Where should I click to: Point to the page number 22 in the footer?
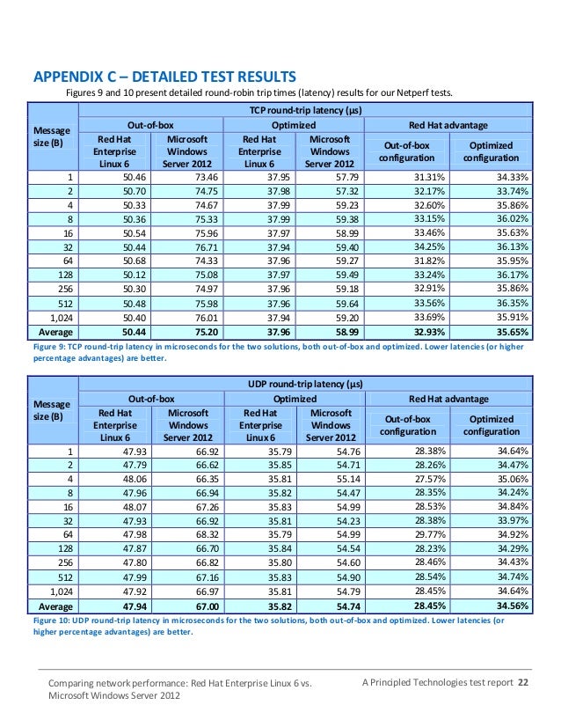click(524, 683)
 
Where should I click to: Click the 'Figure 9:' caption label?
click(49, 349)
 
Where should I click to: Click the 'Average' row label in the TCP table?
click(54, 333)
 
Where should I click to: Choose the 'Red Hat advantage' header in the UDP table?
click(448, 400)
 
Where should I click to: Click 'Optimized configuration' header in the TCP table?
click(492, 151)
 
